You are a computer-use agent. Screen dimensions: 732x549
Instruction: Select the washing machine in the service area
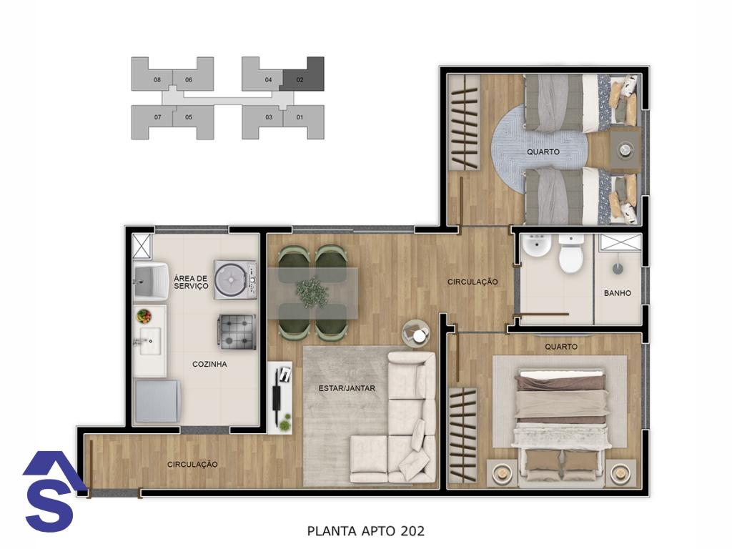tap(235, 280)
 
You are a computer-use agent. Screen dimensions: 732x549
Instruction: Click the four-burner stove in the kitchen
tap(237, 332)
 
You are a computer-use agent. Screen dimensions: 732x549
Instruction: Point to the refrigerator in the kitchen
tap(157, 401)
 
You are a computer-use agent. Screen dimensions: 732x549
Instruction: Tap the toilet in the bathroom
tap(571, 254)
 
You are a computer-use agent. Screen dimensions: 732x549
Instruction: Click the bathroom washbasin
tap(536, 246)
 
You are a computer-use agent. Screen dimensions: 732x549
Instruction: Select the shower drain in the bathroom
tap(618, 269)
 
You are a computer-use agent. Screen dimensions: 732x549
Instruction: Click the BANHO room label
tap(617, 293)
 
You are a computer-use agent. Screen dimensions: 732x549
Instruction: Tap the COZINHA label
tap(209, 364)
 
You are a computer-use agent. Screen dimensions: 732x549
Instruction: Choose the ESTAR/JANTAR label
tap(347, 388)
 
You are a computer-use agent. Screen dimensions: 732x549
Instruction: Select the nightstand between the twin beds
tap(625, 149)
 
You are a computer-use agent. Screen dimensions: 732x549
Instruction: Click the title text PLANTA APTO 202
tap(366, 531)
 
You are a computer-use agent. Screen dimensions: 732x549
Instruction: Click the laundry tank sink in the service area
tap(150, 280)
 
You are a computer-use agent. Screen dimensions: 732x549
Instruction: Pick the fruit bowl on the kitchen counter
tap(144, 316)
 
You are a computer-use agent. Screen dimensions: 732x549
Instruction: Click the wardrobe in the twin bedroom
tap(465, 122)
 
